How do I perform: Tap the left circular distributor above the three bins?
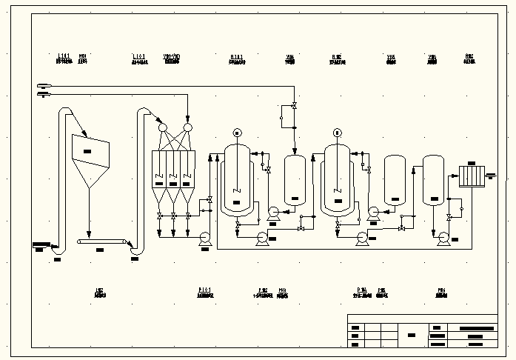pyautogui.click(x=162, y=127)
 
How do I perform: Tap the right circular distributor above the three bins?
pyautogui.click(x=187, y=127)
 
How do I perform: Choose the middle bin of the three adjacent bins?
pyautogui.click(x=173, y=170)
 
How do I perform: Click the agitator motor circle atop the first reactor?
pyautogui.click(x=237, y=133)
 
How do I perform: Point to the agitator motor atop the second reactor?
pyautogui.click(x=337, y=133)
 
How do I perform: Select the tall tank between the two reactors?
pyautogui.click(x=295, y=179)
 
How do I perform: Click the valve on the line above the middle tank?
pyautogui.click(x=294, y=105)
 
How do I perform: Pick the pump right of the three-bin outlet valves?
pyautogui.click(x=204, y=237)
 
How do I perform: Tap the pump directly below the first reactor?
pyautogui.click(x=261, y=238)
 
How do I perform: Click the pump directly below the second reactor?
pyautogui.click(x=361, y=238)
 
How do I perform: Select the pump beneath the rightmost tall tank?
pyautogui.click(x=443, y=237)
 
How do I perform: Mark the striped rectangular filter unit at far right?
pyautogui.click(x=471, y=176)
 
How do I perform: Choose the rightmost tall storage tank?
pyautogui.click(x=433, y=179)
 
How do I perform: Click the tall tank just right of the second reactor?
pyautogui.click(x=394, y=179)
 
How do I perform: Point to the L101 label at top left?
pyautogui.click(x=64, y=56)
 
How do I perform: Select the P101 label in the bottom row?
pyautogui.click(x=205, y=288)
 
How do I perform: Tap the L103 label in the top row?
pyautogui.click(x=138, y=56)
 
